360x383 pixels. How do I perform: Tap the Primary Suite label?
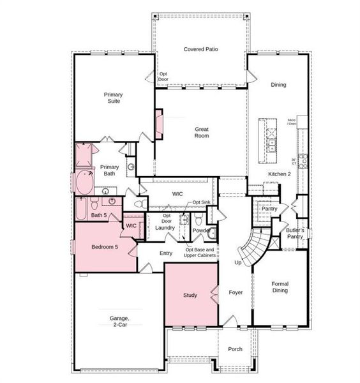(114, 98)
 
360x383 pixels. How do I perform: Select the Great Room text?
(202, 132)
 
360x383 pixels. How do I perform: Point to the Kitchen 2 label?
(279, 174)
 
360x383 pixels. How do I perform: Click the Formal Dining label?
(280, 287)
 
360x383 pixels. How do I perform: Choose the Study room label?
(190, 296)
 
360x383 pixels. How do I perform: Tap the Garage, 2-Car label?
(116, 321)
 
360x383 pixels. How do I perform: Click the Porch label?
(235, 350)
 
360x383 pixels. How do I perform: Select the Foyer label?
(236, 293)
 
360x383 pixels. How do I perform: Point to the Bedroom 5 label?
(105, 247)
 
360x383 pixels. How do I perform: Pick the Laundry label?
(165, 228)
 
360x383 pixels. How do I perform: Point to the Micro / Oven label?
(291, 122)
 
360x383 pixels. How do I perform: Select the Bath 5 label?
(99, 215)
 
